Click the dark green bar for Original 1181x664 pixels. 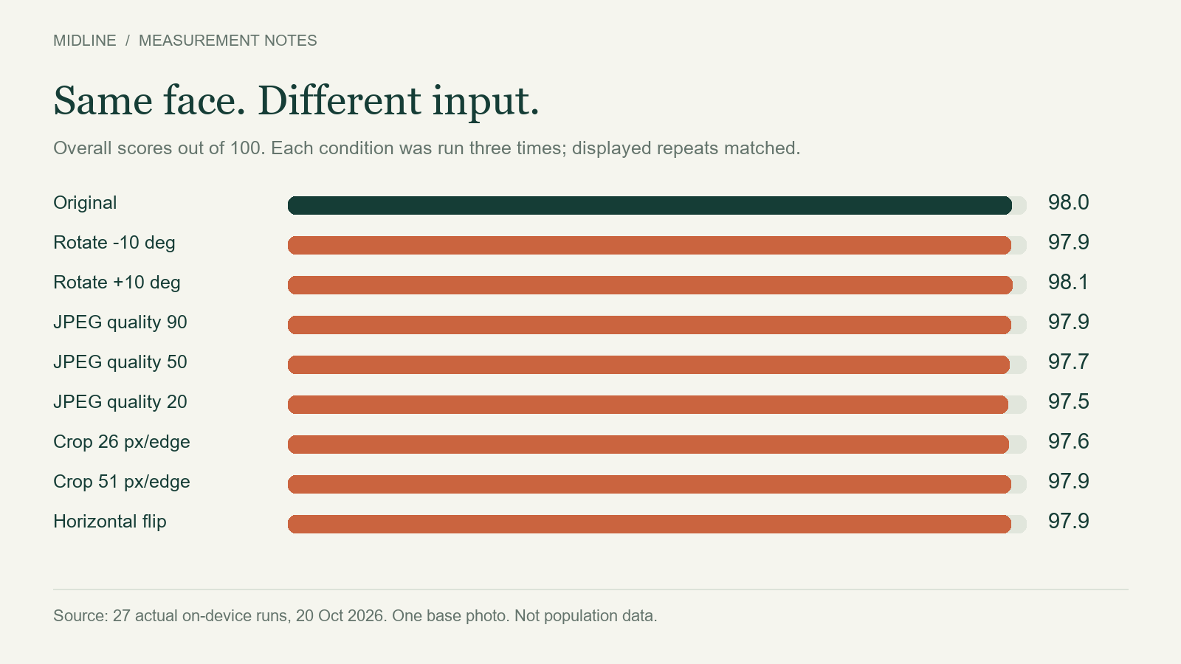(x=650, y=206)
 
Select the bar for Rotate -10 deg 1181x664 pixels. (x=649, y=245)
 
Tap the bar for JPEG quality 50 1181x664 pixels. (x=649, y=364)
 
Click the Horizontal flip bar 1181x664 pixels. (x=649, y=525)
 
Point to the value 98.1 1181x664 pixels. (x=1068, y=283)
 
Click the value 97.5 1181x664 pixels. (x=1068, y=402)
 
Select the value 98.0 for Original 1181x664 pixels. (x=1068, y=203)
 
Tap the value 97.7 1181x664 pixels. (x=1068, y=362)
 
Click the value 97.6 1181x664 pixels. (x=1068, y=442)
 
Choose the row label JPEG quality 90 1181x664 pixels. (x=120, y=322)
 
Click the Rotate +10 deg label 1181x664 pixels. (x=117, y=283)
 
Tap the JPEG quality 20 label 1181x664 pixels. (x=120, y=402)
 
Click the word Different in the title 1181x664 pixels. (x=340, y=100)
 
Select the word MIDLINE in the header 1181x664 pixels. (x=85, y=41)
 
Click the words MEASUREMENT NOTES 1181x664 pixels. (x=228, y=41)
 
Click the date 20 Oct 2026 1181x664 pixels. (x=340, y=615)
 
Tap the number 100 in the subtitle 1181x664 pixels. (x=247, y=148)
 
